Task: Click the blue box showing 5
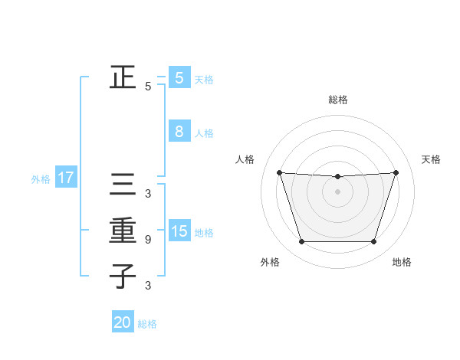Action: pyautogui.click(x=179, y=77)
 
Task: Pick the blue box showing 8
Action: pyautogui.click(x=179, y=132)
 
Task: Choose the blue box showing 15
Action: pyautogui.click(x=179, y=231)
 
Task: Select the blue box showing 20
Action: pyautogui.click(x=122, y=322)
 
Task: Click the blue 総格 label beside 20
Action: pyautogui.click(x=147, y=324)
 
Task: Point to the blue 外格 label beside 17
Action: pyautogui.click(x=41, y=179)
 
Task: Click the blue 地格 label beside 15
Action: pyautogui.click(x=204, y=232)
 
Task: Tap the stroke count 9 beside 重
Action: pyautogui.click(x=148, y=240)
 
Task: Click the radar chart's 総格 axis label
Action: pyautogui.click(x=337, y=100)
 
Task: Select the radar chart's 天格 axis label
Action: pyautogui.click(x=431, y=159)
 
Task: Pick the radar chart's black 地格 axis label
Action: pyautogui.click(x=402, y=262)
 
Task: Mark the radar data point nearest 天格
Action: pyautogui.click(x=396, y=172)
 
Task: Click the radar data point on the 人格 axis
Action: pyautogui.click(x=279, y=172)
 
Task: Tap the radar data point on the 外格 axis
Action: pyautogui.click(x=301, y=242)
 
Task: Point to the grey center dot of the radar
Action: pyautogui.click(x=337, y=191)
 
